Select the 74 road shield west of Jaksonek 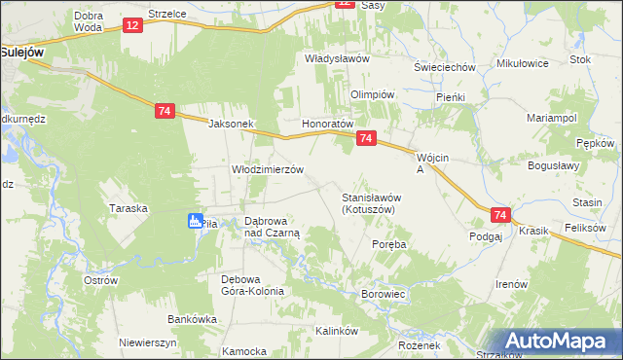pyautogui.click(x=164, y=112)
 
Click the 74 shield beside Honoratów pyautogui.click(x=365, y=139)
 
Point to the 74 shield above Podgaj pyautogui.click(x=500, y=215)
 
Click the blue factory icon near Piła pyautogui.click(x=197, y=222)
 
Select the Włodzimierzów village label pyautogui.click(x=268, y=168)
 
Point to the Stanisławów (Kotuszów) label pyautogui.click(x=372, y=203)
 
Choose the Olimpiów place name pyautogui.click(x=371, y=94)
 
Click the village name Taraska pyautogui.click(x=128, y=208)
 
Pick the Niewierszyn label pyautogui.click(x=147, y=342)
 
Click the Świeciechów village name pyautogui.click(x=444, y=67)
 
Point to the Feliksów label pyautogui.click(x=585, y=228)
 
